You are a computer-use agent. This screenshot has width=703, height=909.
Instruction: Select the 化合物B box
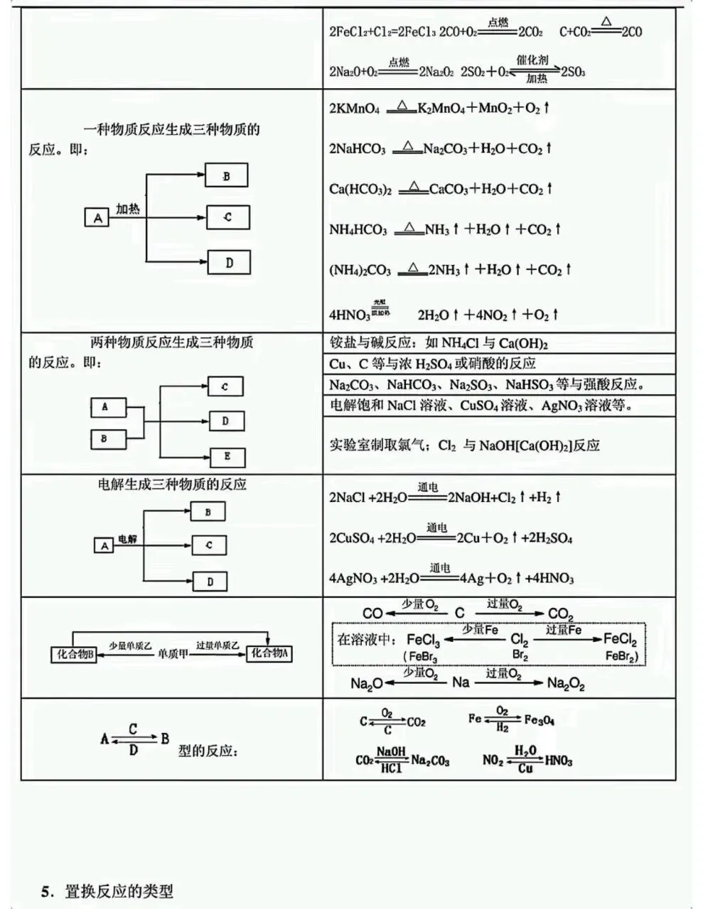click(74, 654)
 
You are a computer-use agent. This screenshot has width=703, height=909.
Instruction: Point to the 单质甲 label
click(173, 654)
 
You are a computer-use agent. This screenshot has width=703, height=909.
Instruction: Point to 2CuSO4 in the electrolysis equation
click(351, 538)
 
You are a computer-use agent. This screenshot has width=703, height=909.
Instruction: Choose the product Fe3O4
click(540, 720)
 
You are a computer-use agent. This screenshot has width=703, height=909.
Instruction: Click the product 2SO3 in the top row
click(573, 72)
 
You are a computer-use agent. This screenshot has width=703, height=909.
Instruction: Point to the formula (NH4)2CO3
click(360, 271)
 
